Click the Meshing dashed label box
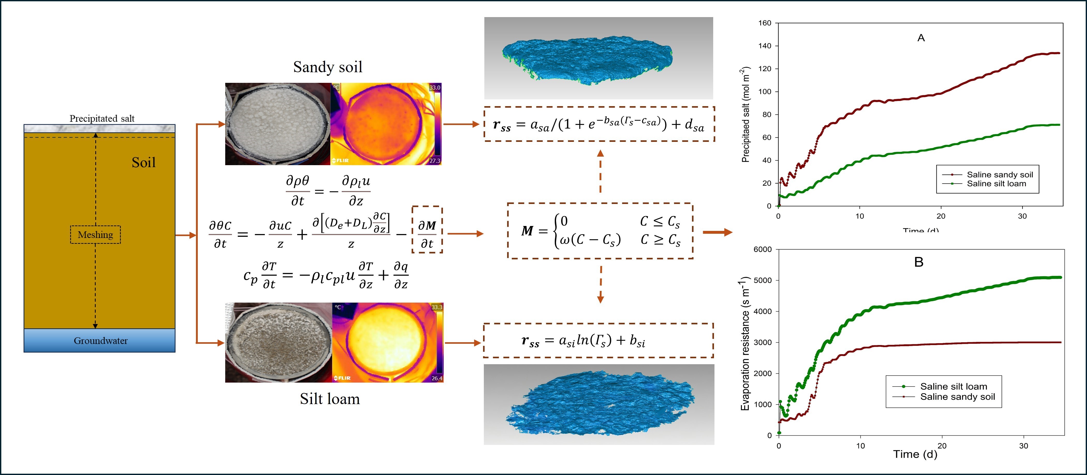click(x=95, y=235)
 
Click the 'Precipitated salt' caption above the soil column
click(x=102, y=119)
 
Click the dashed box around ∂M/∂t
click(x=427, y=230)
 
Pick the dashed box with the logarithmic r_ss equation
click(x=598, y=340)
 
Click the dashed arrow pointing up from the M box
click(x=600, y=171)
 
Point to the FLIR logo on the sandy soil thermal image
click(x=340, y=160)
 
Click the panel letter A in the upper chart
click(x=921, y=38)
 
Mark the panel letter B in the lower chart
click(x=919, y=262)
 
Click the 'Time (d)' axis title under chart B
click(x=915, y=454)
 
